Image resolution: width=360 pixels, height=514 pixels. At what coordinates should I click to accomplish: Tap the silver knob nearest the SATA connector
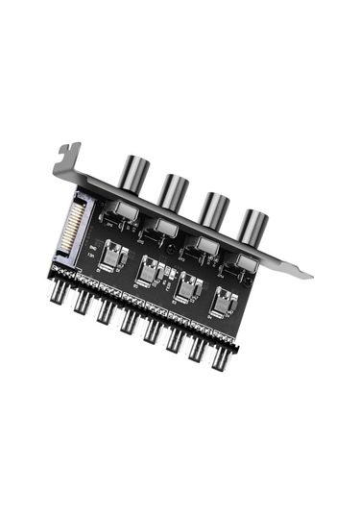[x=130, y=174]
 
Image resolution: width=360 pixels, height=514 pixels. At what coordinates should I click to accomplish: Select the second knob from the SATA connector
[x=172, y=190]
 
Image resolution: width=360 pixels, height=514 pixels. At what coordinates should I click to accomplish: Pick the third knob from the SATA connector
[x=214, y=207]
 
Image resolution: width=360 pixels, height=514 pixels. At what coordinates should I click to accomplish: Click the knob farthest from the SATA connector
[x=253, y=224]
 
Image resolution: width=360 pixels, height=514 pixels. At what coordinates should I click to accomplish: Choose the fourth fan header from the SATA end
[x=129, y=324]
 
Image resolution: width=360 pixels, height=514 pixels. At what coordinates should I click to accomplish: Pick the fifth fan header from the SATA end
[x=153, y=334]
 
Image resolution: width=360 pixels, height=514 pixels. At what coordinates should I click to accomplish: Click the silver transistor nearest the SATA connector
[x=114, y=260]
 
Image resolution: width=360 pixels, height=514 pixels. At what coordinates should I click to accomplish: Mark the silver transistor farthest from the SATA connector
[x=225, y=303]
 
